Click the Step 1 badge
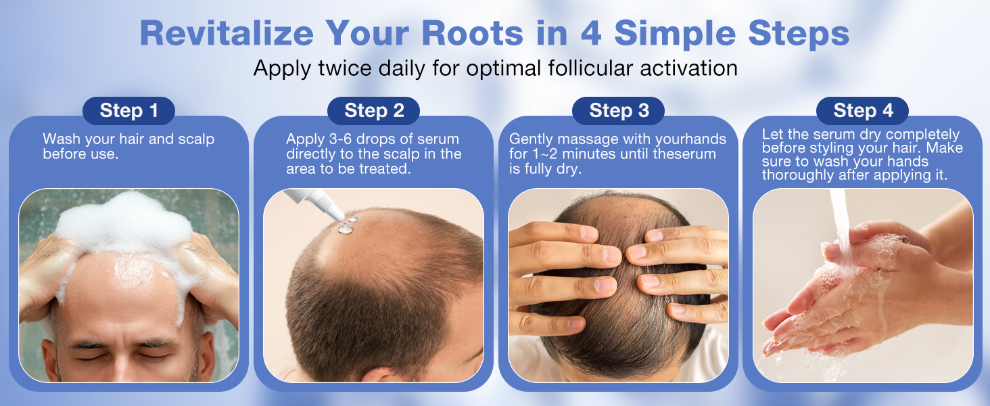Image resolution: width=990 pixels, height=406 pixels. pyautogui.click(x=128, y=111)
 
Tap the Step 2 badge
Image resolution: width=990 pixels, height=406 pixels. pyautogui.click(x=373, y=111)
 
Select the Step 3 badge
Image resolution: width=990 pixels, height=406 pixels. pyautogui.click(x=618, y=111)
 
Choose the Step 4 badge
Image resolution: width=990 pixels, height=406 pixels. pyautogui.click(x=863, y=111)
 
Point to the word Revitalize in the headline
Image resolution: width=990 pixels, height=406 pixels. pyautogui.click(x=227, y=34)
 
